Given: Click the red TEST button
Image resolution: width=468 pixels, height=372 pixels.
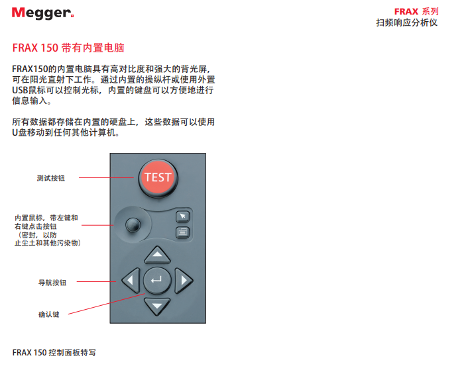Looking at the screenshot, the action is click(158, 177).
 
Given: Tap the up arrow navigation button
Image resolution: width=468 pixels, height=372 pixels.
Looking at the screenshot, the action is click(157, 255).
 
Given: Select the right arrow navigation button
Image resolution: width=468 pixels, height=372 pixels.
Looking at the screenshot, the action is click(183, 281).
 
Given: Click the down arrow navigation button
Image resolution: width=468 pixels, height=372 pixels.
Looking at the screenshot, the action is click(157, 306).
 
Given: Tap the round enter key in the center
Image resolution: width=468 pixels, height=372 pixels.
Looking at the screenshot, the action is click(157, 281).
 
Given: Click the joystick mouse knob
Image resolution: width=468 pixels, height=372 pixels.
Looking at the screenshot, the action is click(133, 225).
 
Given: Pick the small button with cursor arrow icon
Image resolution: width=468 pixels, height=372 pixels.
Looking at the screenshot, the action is click(183, 216).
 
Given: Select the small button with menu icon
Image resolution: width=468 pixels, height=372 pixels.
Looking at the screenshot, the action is click(183, 232).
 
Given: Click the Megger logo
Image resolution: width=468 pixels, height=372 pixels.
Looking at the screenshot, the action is click(42, 13).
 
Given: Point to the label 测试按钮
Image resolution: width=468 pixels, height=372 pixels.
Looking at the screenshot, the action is click(51, 178).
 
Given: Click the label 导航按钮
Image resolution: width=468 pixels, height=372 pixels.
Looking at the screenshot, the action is click(52, 283).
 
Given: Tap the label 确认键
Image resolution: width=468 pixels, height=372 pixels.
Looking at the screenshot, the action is click(48, 314).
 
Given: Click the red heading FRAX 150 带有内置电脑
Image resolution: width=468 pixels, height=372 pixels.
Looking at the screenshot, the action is click(68, 48).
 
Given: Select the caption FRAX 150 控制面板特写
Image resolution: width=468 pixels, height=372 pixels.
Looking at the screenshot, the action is click(54, 353).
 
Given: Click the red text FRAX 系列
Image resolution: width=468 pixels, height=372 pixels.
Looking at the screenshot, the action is click(416, 12).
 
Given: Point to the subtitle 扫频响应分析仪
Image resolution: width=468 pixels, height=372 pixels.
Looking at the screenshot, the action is click(407, 23).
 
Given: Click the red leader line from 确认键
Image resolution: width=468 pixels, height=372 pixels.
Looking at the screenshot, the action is click(107, 304).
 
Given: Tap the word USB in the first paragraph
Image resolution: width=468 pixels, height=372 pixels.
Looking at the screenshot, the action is click(20, 90).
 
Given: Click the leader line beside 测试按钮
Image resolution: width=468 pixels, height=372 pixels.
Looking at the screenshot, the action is click(106, 177).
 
